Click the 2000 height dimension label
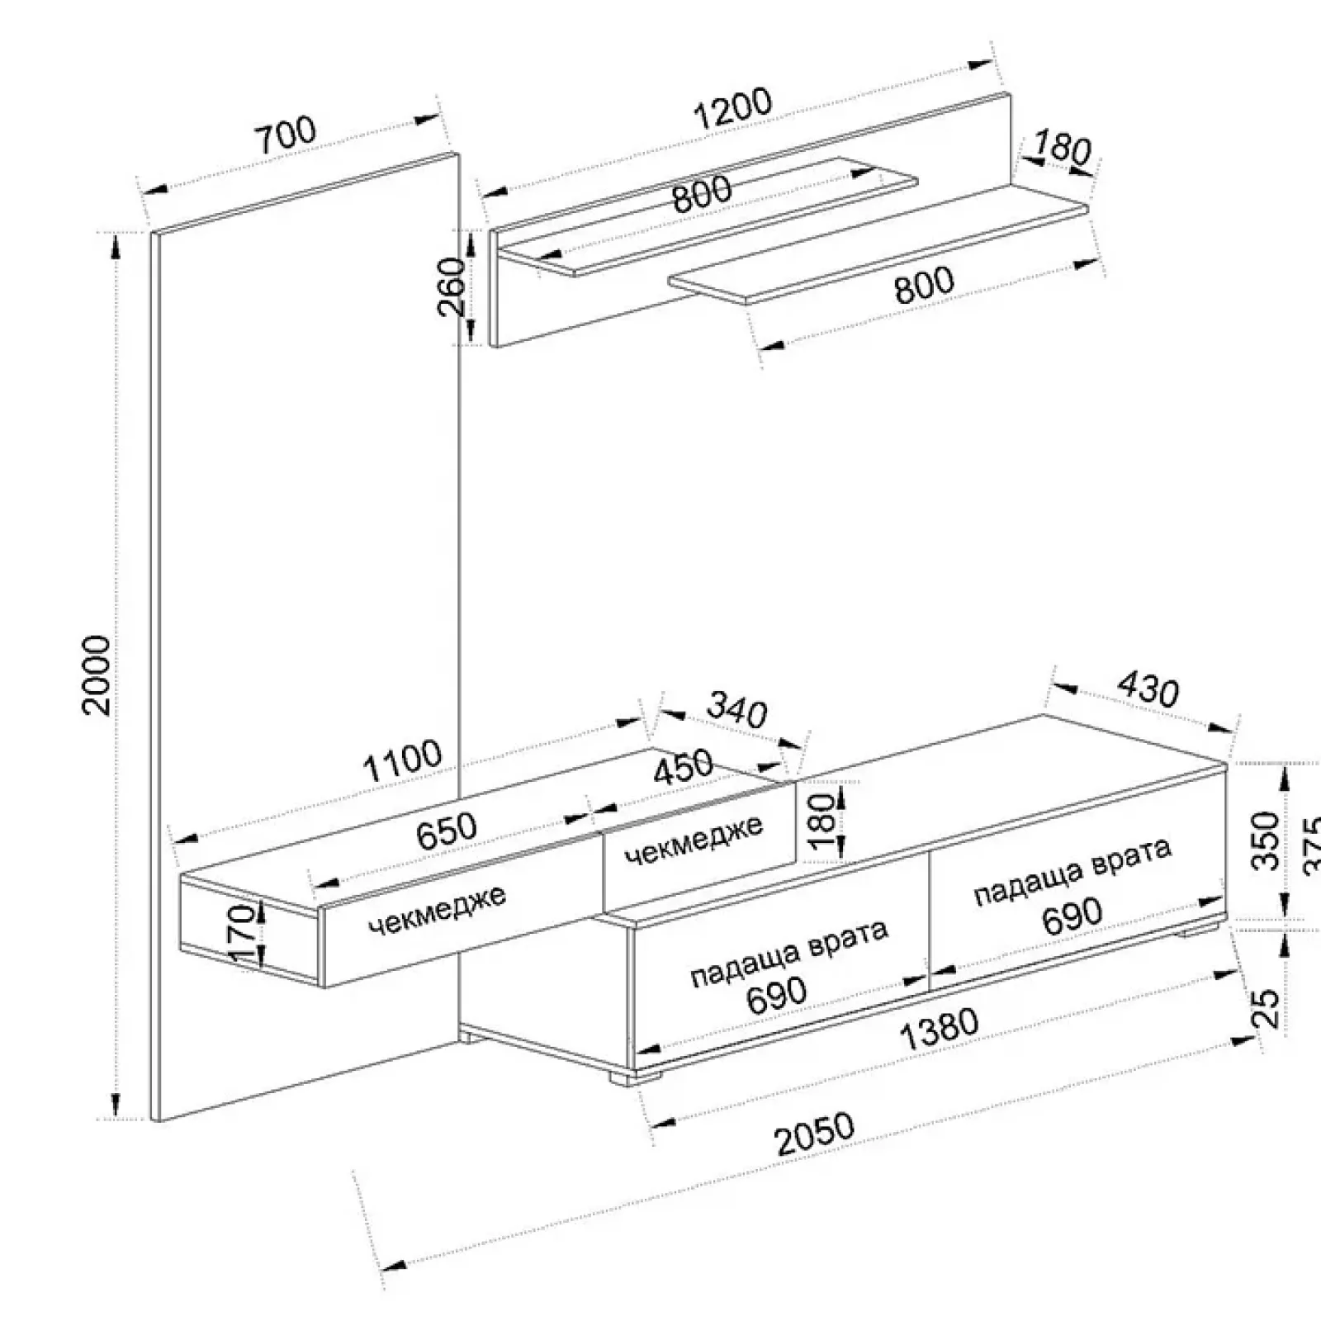point(97,675)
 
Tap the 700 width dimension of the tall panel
point(284,135)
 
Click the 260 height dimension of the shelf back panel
point(451,286)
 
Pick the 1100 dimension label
point(403,761)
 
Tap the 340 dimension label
point(737,712)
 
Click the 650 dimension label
point(447,831)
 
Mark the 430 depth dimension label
point(1148,689)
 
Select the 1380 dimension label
point(938,1030)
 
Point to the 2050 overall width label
point(815,1135)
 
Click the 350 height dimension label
point(1265,840)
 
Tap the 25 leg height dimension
point(1267,1007)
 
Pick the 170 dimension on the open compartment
point(242,933)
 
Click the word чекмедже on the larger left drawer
point(437,910)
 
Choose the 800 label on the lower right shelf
point(923,285)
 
